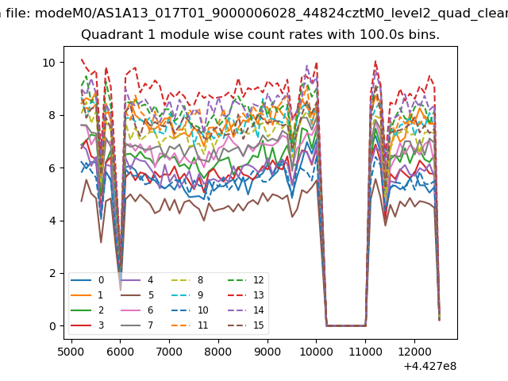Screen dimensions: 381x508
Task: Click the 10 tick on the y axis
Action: pyautogui.click(x=48, y=63)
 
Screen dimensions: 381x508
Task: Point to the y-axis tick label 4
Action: pyautogui.click(x=52, y=221)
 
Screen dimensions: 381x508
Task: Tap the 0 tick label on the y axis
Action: pyautogui.click(x=52, y=326)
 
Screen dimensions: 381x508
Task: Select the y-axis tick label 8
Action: pyautogui.click(x=52, y=115)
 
